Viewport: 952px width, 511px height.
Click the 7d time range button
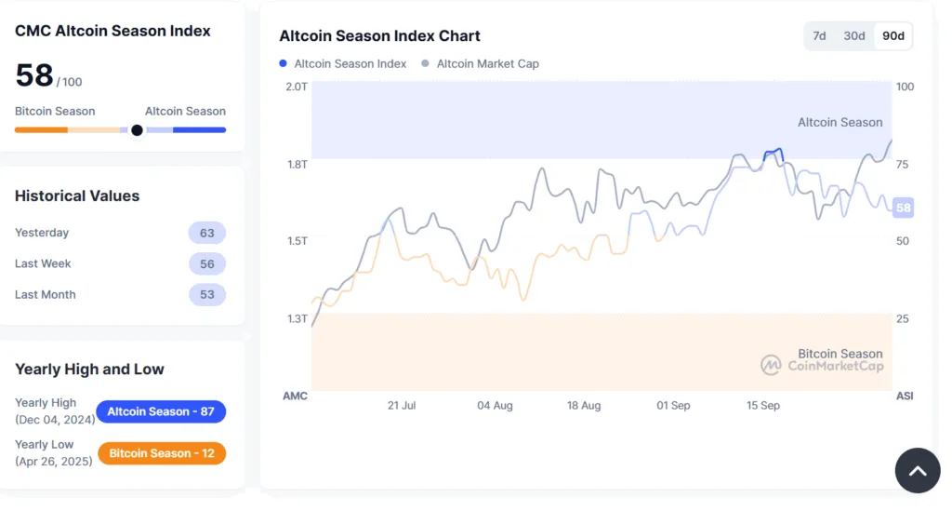(x=819, y=36)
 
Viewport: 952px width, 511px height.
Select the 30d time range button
(x=853, y=36)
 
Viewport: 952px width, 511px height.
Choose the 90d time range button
(x=892, y=36)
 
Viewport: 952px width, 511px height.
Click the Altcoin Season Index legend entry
(x=343, y=64)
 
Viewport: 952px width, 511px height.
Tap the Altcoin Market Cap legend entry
(x=481, y=64)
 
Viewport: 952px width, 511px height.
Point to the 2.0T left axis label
(x=296, y=87)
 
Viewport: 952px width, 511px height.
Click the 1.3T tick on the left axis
(x=296, y=318)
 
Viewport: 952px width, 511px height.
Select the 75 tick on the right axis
(x=903, y=165)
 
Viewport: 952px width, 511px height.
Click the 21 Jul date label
(x=402, y=406)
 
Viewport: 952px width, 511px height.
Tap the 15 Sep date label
(x=763, y=406)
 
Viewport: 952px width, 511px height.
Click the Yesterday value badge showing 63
(x=206, y=233)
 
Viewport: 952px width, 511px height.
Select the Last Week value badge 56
(x=206, y=263)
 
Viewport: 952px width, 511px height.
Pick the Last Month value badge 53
(x=206, y=294)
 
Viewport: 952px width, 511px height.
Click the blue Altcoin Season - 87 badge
(x=161, y=411)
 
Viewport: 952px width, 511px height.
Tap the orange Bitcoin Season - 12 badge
(x=161, y=453)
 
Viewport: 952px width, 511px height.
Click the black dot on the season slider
(x=137, y=130)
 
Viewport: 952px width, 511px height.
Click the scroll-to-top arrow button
(x=917, y=471)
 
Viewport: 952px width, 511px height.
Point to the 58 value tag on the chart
(x=903, y=208)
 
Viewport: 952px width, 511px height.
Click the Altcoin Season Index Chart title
(x=379, y=36)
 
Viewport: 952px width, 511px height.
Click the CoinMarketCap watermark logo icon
(x=771, y=365)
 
